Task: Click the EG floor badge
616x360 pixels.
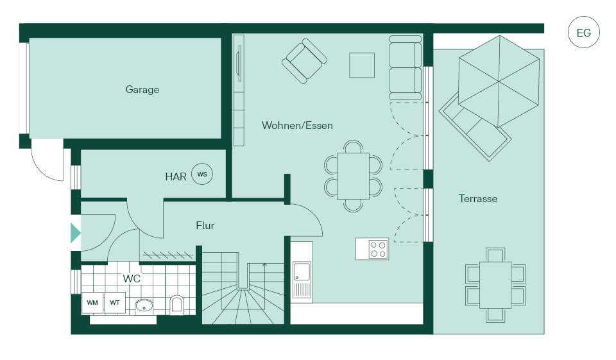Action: (584, 33)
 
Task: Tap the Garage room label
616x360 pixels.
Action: (142, 90)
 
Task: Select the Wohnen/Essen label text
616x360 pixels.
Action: (297, 125)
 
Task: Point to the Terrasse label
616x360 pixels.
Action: (477, 198)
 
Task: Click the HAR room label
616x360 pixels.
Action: (176, 176)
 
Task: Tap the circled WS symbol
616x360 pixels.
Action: (202, 174)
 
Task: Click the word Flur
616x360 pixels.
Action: (205, 226)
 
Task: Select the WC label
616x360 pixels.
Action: (132, 279)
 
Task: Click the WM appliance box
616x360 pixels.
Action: (92, 303)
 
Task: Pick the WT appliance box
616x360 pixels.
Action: (115, 303)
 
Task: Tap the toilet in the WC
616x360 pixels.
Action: (177, 305)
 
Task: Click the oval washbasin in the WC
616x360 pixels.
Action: (144, 305)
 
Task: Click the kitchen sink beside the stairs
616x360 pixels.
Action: (302, 279)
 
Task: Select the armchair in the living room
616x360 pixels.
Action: (304, 61)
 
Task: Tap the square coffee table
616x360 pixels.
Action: (362, 65)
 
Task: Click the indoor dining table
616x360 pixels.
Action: (353, 176)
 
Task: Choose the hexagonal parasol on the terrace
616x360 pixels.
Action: (499, 81)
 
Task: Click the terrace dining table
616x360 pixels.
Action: (495, 285)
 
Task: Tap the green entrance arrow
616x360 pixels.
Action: (76, 233)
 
